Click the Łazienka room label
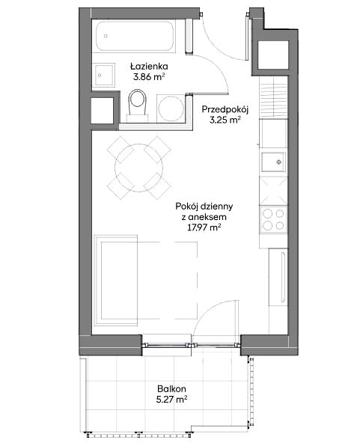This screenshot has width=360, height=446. pos(149,67)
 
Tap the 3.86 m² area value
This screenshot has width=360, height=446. pos(149,77)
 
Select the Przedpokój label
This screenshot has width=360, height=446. pos(225,109)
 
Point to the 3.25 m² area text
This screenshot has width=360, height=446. pos(225,120)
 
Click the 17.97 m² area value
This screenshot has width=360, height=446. pos(204,227)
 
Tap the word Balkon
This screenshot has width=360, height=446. pos(171,388)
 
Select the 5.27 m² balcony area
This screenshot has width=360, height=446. pos(171,400)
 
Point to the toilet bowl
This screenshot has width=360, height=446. pos(137,103)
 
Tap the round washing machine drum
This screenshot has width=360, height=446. pos(171,109)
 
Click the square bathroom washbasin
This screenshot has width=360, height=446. pos(105,75)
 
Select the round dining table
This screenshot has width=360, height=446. pos(139,168)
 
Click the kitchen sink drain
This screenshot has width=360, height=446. pos(279,162)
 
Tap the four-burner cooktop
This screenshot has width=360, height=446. pos(273,219)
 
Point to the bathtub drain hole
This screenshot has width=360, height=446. pos(106,36)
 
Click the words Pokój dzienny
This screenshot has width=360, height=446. pos(204,207)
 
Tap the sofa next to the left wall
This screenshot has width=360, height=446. pos(116,280)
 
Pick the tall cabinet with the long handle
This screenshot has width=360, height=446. pos(278,278)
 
